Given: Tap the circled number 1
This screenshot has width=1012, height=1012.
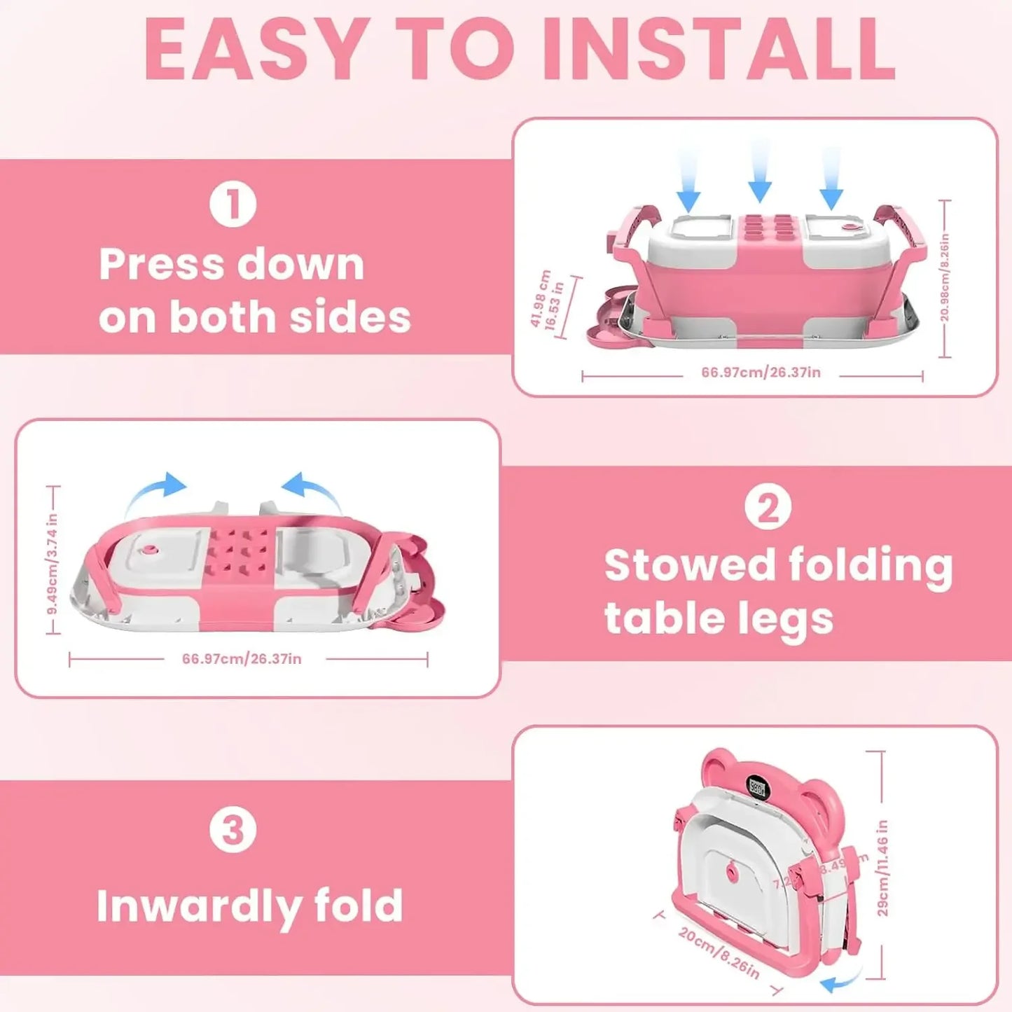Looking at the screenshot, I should [233, 205].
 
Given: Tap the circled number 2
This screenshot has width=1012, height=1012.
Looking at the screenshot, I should [768, 508].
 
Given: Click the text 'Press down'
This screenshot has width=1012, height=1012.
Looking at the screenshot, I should [232, 265].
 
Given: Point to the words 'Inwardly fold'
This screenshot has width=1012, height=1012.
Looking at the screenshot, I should [249, 906].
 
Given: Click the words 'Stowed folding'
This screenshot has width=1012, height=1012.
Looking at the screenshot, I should [778, 565].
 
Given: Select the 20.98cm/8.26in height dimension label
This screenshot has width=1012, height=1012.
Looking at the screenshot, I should [945, 278].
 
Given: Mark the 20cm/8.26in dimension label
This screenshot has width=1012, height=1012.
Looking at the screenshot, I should [719, 952].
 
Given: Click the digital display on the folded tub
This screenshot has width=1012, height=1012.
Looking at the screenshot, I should [758, 788].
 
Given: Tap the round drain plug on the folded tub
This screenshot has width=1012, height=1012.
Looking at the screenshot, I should [733, 873].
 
